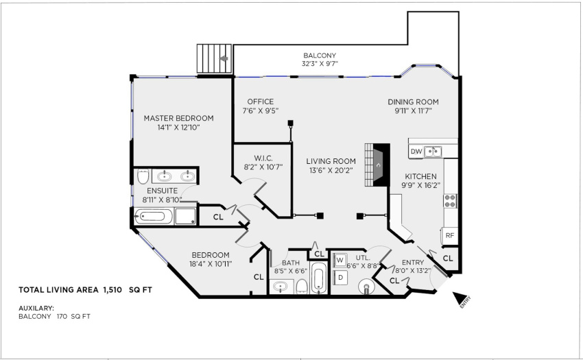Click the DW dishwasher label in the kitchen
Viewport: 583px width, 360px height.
pos(416,152)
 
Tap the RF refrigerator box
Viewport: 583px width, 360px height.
pos(450,236)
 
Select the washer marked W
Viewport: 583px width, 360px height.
pos(340,261)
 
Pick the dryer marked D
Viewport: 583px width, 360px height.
pos(340,278)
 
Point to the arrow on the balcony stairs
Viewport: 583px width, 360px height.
pos(224,58)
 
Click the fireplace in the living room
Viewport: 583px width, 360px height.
pos(377,165)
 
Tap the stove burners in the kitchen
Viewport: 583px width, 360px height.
pos(450,201)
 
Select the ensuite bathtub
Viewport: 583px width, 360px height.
pos(154,217)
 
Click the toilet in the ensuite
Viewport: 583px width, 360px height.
pos(143,176)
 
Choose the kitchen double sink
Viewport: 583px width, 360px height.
pos(432,152)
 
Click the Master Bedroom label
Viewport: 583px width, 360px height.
pos(179,118)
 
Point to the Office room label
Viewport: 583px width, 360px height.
pos(261,101)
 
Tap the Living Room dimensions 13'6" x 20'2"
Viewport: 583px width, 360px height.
pos(331,170)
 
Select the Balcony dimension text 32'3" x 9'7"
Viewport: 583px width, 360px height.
pos(320,64)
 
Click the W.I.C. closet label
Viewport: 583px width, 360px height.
pos(263,158)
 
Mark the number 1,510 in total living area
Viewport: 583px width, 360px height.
pos(112,290)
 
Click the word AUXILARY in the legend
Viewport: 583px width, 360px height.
pos(36,309)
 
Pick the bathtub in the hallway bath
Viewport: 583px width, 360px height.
pos(319,278)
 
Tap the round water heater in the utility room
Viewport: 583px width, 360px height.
pos(367,287)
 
